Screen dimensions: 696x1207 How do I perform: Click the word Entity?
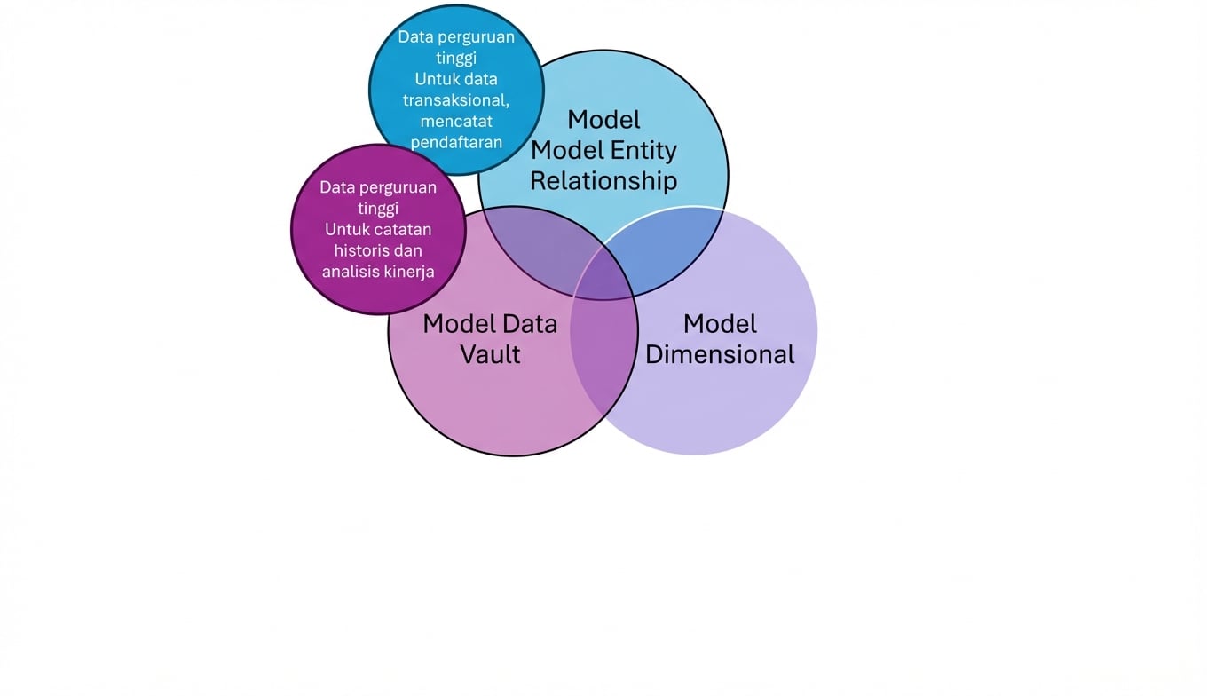644,150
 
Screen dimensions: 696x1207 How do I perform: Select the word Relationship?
603,181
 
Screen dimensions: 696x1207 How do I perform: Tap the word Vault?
490,354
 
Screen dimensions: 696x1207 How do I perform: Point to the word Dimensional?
720,354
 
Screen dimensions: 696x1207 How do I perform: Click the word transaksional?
456,99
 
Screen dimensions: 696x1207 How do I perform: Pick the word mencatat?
456,121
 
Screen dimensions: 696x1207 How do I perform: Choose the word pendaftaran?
456,142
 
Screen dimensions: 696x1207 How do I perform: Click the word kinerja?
409,272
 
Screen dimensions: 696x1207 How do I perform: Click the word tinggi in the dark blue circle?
456,58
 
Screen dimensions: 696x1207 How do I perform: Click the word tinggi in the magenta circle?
378,209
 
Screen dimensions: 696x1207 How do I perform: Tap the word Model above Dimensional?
720,323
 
